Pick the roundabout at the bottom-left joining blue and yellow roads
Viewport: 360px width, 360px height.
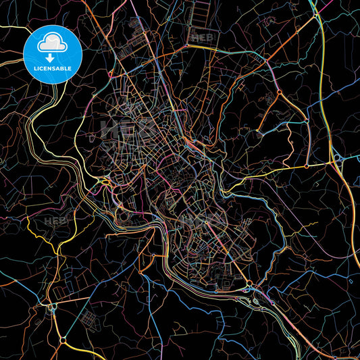coord(63,339)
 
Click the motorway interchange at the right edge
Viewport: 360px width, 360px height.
coord(336,159)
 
